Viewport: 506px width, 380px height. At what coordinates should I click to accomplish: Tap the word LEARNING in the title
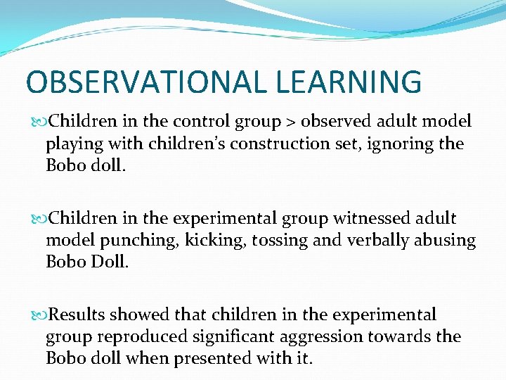tap(349, 82)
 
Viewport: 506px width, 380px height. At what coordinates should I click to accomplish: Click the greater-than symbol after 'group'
tap(291, 122)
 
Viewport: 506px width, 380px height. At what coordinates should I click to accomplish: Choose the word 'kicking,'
tap(207, 241)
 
